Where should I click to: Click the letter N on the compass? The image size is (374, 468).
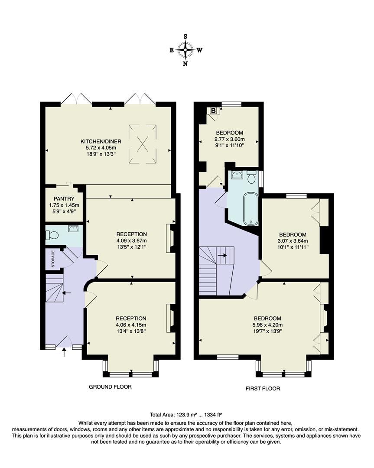(185, 64)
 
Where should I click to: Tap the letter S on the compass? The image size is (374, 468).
(186, 36)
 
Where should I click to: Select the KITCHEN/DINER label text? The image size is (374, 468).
(101, 141)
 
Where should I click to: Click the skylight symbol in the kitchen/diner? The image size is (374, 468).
(143, 144)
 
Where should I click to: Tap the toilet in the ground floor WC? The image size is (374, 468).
(52, 235)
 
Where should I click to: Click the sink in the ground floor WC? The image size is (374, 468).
(73, 229)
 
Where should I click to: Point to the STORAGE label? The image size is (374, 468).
(53, 259)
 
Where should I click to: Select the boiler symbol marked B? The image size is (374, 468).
(213, 110)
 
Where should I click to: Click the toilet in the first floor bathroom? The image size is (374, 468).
(251, 177)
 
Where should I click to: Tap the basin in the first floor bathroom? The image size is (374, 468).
(237, 175)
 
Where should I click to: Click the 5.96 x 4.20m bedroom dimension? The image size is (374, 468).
(267, 325)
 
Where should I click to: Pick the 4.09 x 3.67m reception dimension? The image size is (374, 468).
(131, 241)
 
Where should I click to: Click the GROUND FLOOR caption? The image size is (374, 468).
(110, 387)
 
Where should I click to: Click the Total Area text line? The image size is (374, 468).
(186, 414)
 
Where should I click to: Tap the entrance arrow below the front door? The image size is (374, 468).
(65, 353)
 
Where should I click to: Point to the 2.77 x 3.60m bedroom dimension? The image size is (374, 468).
(229, 139)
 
